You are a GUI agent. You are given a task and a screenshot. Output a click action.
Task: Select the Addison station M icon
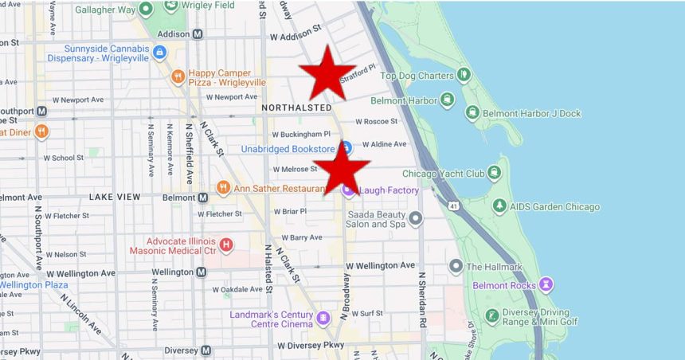click(197, 34)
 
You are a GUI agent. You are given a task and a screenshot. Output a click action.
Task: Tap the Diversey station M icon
click(205, 350)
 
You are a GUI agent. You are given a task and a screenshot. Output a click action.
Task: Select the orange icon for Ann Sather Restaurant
click(224, 188)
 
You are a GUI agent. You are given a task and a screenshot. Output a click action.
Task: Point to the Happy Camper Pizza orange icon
click(177, 76)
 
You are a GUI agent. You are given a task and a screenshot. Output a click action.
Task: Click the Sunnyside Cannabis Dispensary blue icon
click(159, 53)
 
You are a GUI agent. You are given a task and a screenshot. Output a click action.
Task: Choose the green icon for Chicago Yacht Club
click(495, 174)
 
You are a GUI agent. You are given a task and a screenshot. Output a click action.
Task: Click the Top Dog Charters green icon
click(464, 76)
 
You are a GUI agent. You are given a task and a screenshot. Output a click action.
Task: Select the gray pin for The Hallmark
click(456, 266)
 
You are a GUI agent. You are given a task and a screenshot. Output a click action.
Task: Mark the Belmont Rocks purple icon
click(546, 284)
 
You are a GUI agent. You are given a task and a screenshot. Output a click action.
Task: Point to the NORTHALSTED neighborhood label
click(296, 108)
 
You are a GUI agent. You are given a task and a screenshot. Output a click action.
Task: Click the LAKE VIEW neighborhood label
click(115, 197)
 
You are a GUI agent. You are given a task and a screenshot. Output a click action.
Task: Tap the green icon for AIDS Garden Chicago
click(499, 206)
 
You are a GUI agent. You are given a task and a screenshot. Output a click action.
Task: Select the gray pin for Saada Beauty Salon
click(416, 218)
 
